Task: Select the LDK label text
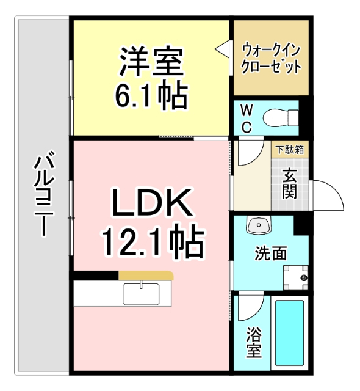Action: pyautogui.click(x=151, y=203)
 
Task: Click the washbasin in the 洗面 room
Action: pyautogui.click(x=259, y=227)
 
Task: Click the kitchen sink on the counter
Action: pyautogui.click(x=141, y=293)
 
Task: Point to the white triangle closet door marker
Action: pyautogui.click(x=222, y=48)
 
